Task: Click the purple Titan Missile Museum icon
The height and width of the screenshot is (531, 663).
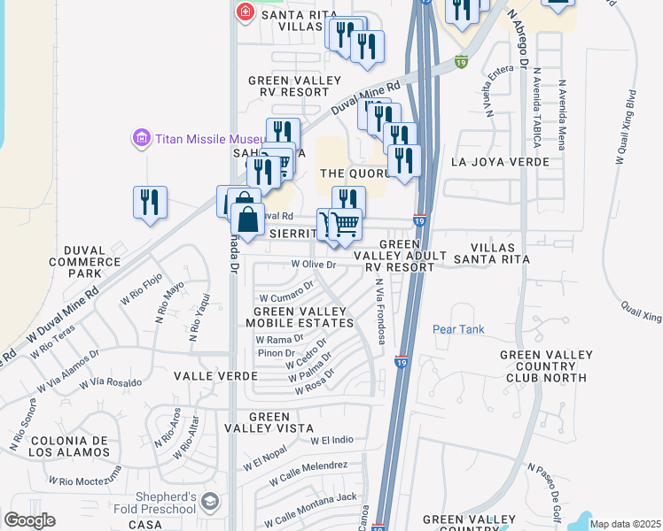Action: point(140,139)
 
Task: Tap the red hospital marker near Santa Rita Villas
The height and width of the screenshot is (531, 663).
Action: point(245,13)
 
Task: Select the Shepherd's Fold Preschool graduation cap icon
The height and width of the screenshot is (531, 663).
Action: point(210,503)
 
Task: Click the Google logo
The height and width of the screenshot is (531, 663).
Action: point(29,520)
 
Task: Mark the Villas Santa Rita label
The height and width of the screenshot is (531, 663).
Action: point(487,252)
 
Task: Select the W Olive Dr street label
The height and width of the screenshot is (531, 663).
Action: point(302,264)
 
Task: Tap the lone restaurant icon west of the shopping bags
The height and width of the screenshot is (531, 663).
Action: point(150,203)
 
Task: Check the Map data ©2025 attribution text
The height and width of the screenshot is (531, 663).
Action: point(625,524)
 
